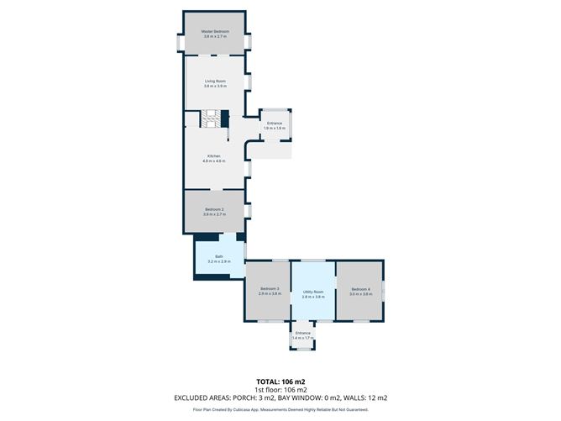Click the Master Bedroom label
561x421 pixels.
215,31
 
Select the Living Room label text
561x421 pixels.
215,82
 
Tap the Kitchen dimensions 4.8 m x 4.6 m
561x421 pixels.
215,161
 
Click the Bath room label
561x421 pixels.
218,256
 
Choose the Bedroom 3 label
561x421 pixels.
269,288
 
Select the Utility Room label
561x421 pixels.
313,291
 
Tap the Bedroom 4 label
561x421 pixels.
360,288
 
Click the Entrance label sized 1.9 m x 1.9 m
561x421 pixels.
275,124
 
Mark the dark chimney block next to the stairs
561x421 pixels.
225,118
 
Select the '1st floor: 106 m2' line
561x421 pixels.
280,390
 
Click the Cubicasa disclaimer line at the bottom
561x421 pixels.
280,409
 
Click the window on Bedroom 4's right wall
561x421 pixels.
385,290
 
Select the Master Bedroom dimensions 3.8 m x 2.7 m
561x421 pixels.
215,37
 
